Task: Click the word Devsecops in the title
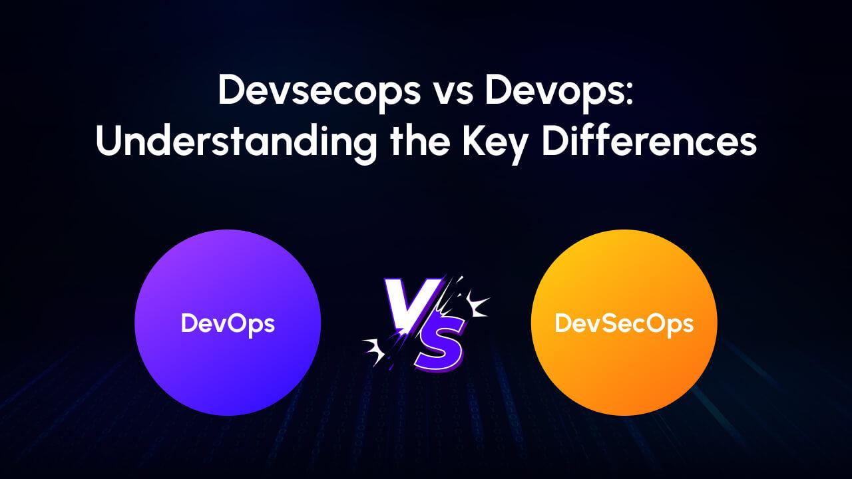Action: (312, 91)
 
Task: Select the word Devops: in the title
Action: (559, 92)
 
